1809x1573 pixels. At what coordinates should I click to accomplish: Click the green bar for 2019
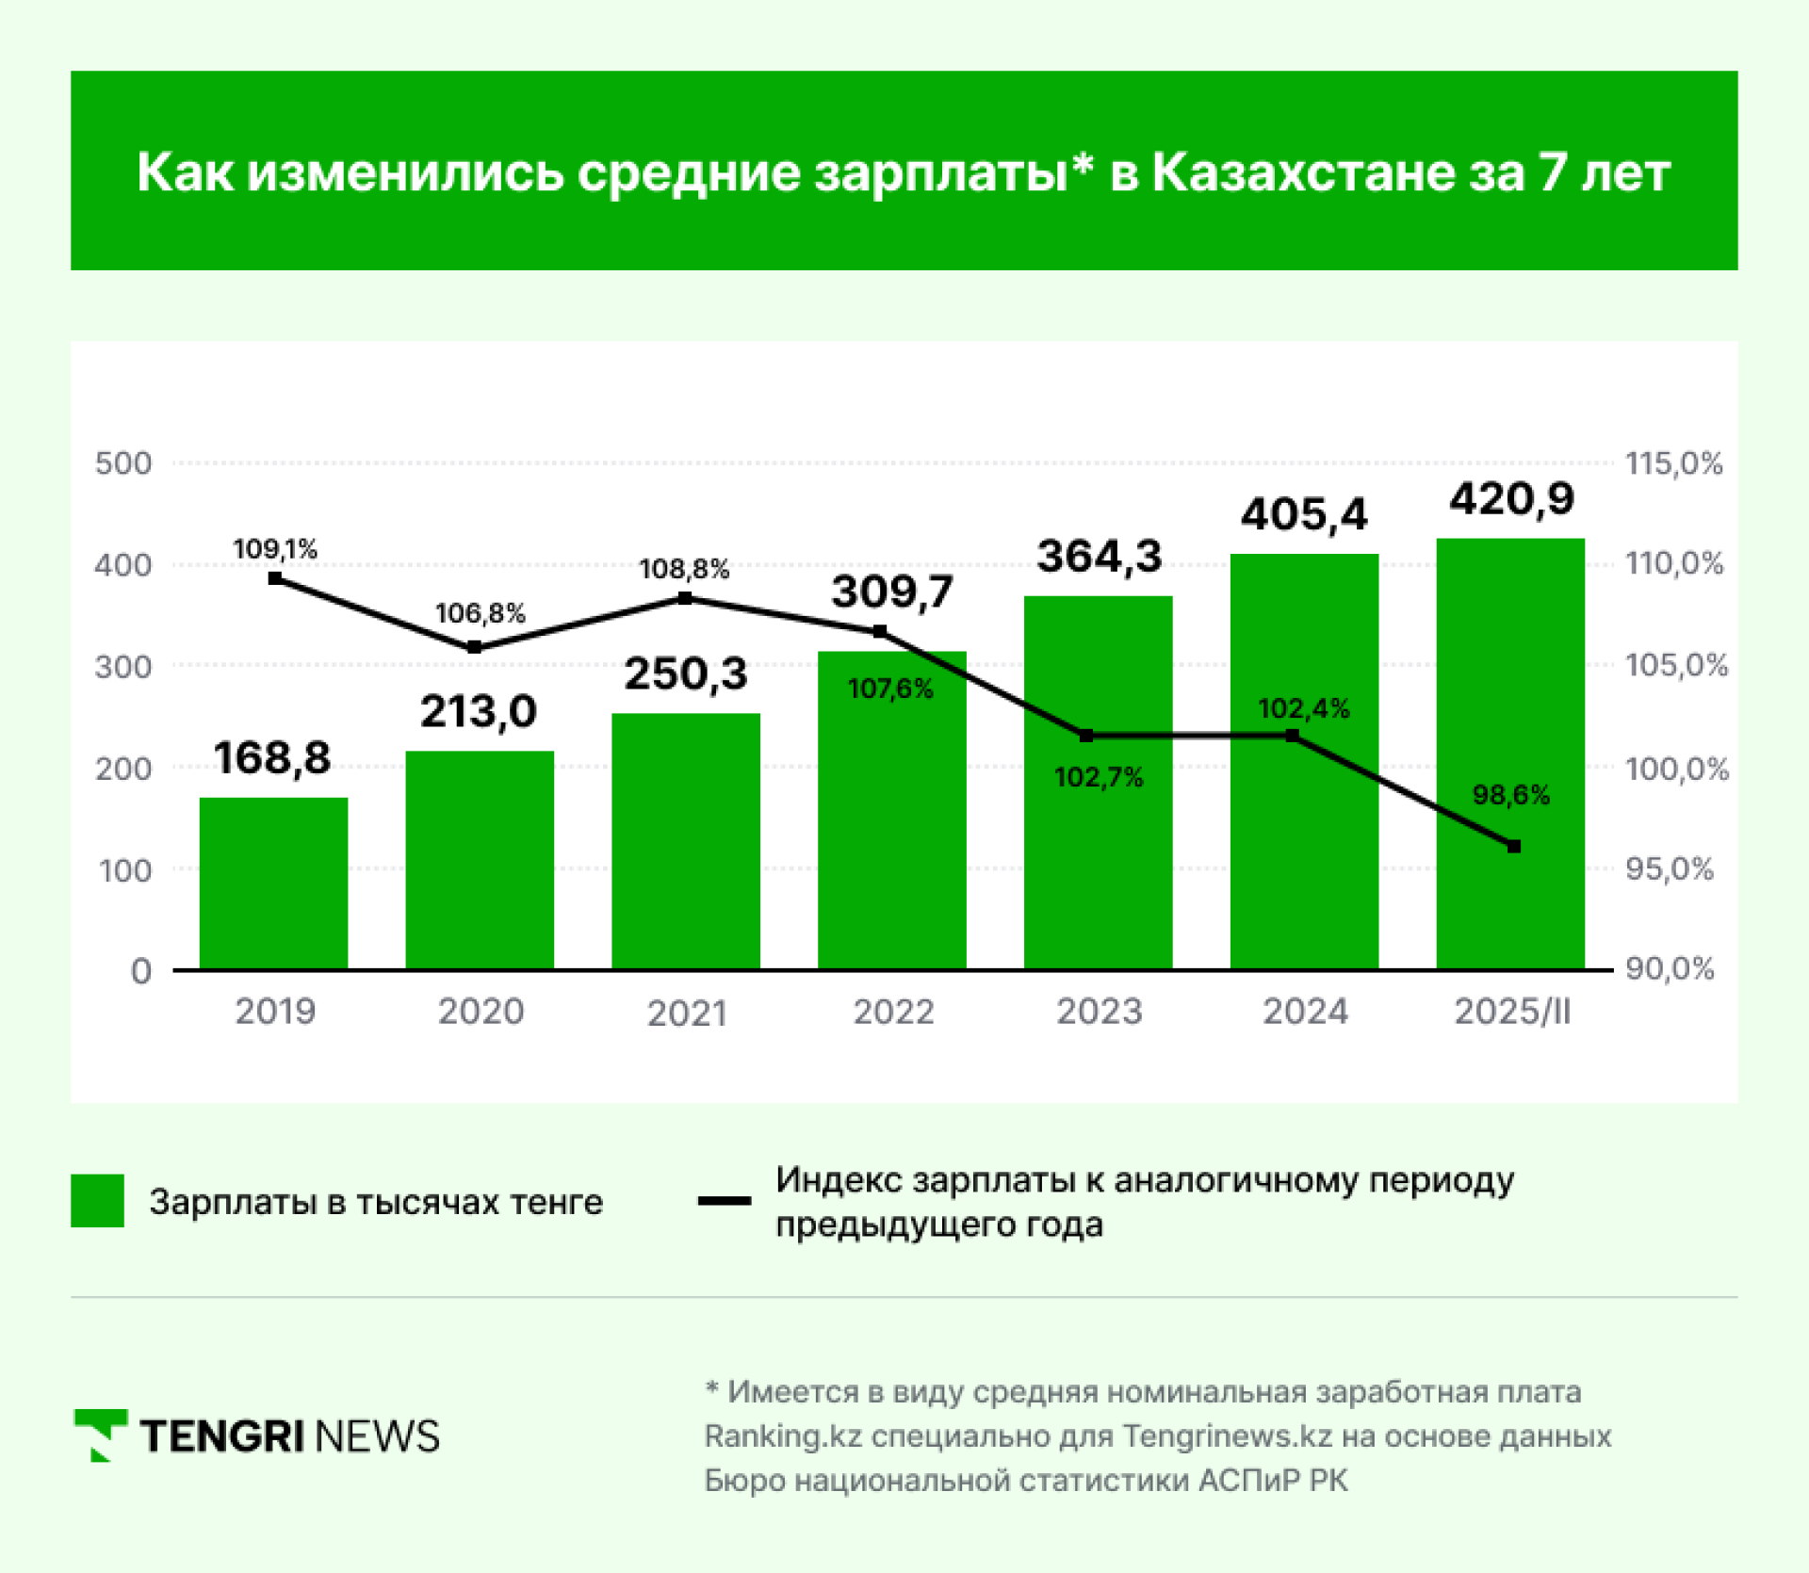pos(273,883)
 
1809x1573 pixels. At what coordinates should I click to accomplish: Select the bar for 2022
pos(891,810)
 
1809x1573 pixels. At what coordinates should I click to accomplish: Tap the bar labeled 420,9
pos(1510,754)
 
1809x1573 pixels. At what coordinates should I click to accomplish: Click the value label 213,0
pos(479,711)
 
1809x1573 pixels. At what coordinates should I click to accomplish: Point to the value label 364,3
pos(1100,556)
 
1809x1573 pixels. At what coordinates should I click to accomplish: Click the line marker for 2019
pos(275,578)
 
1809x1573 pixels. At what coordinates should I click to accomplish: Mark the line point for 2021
pos(685,598)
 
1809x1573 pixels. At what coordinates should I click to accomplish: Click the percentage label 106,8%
pos(480,613)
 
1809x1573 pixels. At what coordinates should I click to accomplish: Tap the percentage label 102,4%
pos(1303,708)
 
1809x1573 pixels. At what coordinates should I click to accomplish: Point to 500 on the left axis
pos(123,463)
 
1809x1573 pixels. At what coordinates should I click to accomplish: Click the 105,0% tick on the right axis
pos(1676,665)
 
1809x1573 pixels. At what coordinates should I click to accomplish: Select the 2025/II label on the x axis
pos(1512,1012)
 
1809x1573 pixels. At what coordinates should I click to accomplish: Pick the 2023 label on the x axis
pos(1099,1012)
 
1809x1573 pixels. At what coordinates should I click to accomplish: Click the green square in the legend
pos(97,1200)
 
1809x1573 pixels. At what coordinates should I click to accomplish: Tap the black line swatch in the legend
pos(724,1201)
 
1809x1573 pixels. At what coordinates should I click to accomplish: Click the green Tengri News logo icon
pos(101,1435)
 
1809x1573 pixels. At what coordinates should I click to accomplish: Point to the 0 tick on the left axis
pos(141,970)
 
